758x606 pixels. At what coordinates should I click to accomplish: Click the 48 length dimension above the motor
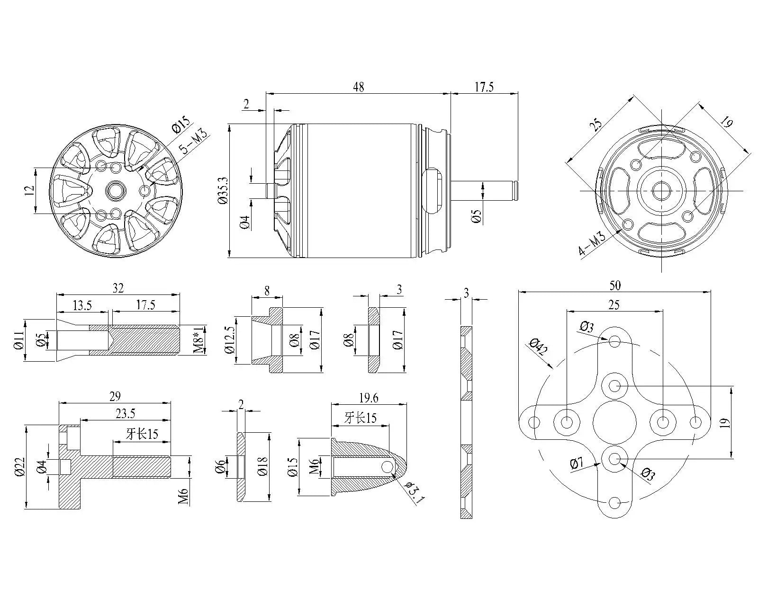coord(358,87)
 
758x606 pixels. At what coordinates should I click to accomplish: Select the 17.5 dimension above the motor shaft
coord(484,87)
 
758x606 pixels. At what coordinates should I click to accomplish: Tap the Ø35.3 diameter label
coord(222,191)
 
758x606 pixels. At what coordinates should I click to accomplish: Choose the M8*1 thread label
coord(199,339)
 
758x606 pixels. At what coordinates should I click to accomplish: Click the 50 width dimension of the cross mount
coord(614,285)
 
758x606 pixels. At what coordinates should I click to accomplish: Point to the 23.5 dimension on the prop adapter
coord(125,414)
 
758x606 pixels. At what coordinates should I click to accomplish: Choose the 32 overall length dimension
coord(118,288)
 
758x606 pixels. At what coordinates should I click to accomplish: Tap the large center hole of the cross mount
coord(614,421)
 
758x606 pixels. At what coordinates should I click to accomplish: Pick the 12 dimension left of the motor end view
coord(29,190)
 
